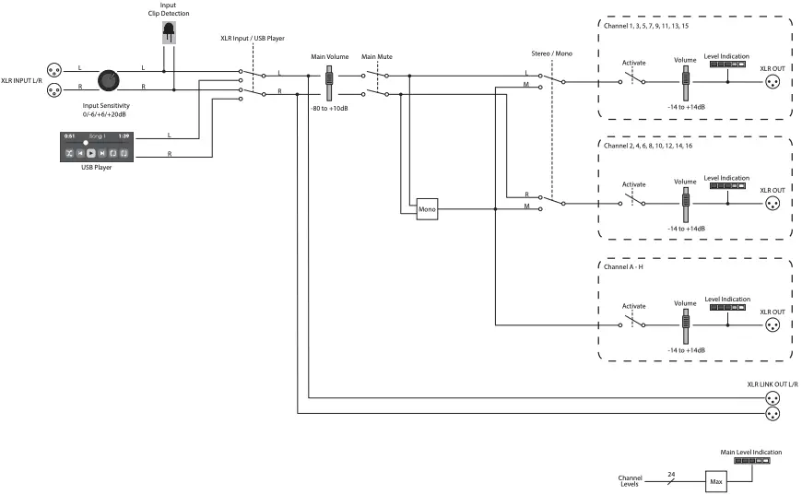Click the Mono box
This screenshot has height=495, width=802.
point(427,209)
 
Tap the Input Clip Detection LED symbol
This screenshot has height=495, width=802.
point(168,35)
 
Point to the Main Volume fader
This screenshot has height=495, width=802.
point(328,85)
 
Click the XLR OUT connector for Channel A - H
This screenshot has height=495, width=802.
point(774,325)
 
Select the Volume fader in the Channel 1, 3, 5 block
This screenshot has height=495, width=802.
point(685,86)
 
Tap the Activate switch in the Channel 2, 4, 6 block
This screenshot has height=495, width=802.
point(633,202)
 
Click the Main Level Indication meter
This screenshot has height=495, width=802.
point(752,461)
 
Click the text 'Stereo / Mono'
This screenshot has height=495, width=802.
point(551,53)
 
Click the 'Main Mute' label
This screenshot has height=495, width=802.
point(377,56)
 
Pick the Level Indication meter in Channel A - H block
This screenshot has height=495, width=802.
point(727,308)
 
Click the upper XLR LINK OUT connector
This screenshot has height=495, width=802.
point(774,398)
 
